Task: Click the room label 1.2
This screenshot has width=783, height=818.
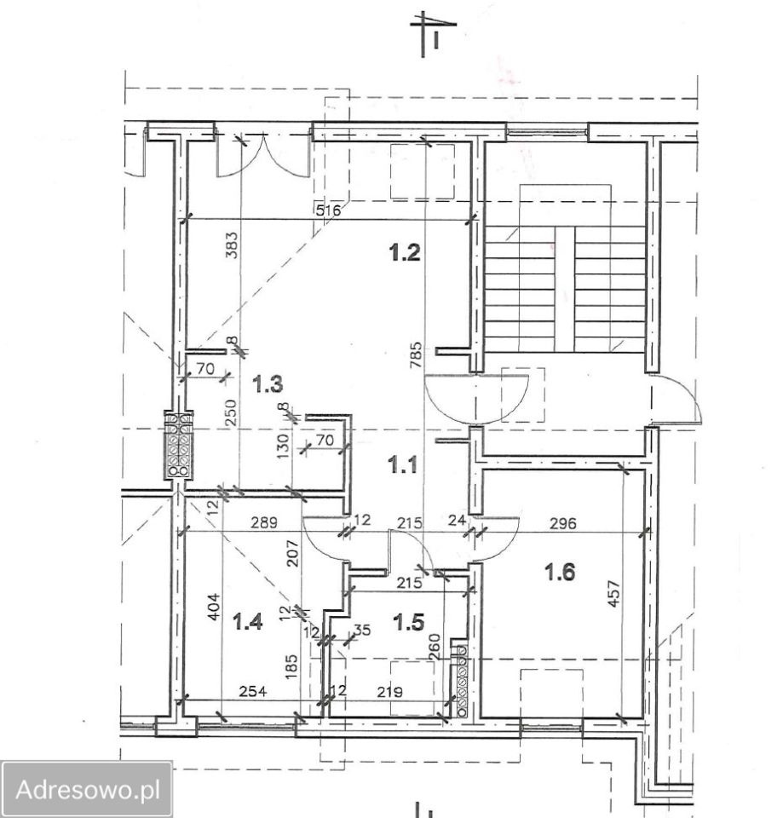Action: (405, 253)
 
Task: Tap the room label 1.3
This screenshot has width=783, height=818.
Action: (268, 384)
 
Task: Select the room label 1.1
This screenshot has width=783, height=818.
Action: (403, 464)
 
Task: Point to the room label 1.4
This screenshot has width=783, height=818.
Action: (247, 621)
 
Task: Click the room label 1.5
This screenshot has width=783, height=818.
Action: (409, 622)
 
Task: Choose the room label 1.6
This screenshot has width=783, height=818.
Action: (560, 573)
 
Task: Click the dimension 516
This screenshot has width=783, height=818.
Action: (329, 210)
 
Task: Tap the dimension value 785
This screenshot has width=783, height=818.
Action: (416, 355)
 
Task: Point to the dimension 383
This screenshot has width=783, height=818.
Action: (233, 245)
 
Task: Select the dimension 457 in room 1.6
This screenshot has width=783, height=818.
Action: (614, 593)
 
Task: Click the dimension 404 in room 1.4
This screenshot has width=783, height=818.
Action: (215, 608)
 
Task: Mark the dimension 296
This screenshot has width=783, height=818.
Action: (563, 522)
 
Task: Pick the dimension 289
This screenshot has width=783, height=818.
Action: (264, 522)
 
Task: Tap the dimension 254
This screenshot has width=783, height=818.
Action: (253, 691)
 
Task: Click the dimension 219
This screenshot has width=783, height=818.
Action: (389, 692)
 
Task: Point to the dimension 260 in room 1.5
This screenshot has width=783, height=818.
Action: (435, 647)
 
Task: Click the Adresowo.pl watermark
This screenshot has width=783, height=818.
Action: (88, 790)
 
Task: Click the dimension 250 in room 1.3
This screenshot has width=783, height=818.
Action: (233, 412)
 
